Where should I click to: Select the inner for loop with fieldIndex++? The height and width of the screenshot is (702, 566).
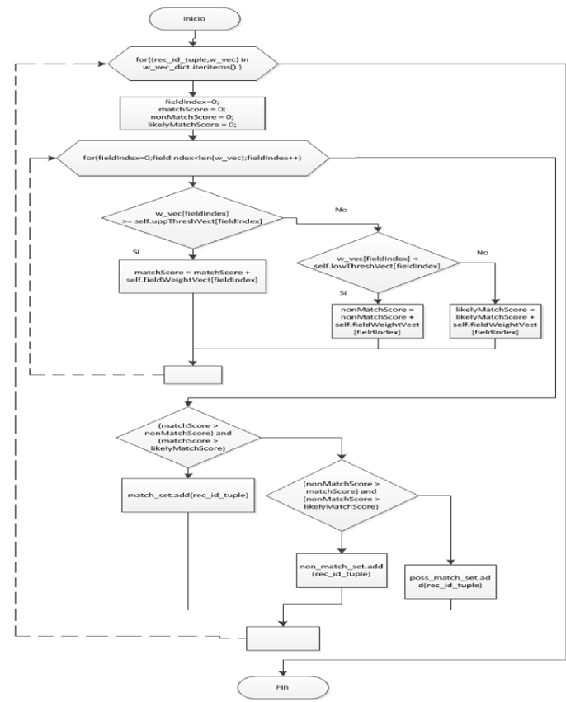(192, 157)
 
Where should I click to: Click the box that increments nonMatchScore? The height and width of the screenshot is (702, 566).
(378, 322)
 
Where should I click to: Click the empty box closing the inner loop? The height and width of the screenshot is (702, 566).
(192, 374)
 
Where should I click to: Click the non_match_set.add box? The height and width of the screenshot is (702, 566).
(341, 570)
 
